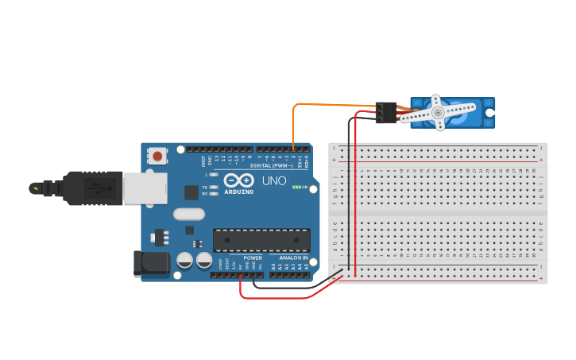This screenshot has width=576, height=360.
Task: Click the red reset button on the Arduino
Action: tap(158, 156)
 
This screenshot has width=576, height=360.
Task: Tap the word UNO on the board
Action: tap(275, 180)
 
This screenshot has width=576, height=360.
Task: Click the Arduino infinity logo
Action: tap(238, 180)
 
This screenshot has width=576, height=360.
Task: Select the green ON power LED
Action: tap(296, 188)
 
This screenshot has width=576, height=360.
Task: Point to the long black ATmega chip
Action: tap(261, 240)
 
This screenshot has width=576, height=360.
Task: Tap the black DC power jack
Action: tap(151, 263)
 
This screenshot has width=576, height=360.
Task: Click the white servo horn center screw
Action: tap(438, 114)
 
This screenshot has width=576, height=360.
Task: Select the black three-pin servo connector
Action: tap(387, 113)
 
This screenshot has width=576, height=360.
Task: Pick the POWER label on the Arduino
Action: tap(253, 258)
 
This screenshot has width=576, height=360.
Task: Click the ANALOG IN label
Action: tap(290, 258)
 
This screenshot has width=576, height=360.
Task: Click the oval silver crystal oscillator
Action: tap(189, 213)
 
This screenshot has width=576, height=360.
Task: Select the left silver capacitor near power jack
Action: tap(185, 260)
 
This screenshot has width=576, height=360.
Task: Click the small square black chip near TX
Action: tap(191, 192)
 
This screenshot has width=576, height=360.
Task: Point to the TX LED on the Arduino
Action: tap(213, 187)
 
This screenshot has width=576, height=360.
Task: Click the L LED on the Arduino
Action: tap(213, 174)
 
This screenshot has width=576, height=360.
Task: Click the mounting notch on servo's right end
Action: tap(490, 113)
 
